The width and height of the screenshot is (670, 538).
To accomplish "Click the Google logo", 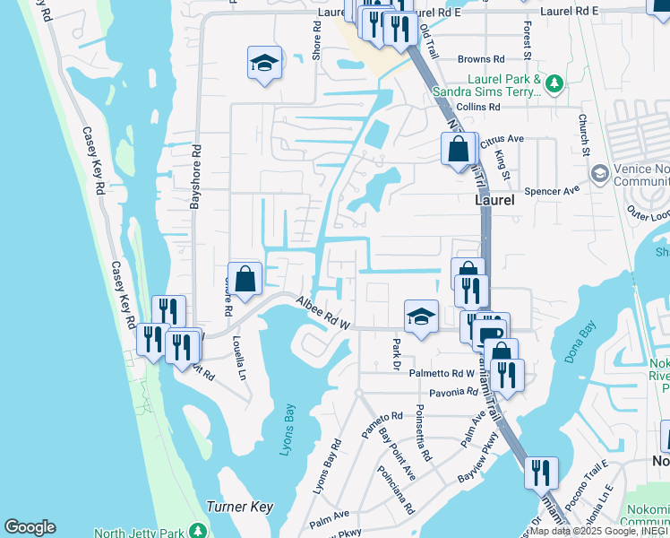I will (30, 527).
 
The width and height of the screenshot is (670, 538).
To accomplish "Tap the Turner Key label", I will (239, 507).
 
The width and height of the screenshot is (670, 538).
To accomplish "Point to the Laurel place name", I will (494, 201).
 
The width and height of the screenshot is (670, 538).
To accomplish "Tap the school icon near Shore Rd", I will (264, 63).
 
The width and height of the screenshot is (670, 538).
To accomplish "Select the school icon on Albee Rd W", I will (421, 316).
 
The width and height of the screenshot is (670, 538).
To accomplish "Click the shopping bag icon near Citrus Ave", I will (458, 148).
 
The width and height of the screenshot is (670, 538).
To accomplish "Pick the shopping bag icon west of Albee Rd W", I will (245, 277).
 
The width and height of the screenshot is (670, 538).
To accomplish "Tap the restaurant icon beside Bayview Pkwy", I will (541, 472).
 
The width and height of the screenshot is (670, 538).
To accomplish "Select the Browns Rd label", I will (475, 60).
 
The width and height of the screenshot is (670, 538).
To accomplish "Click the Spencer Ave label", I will (553, 190).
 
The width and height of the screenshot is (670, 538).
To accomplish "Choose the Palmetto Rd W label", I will (442, 373).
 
